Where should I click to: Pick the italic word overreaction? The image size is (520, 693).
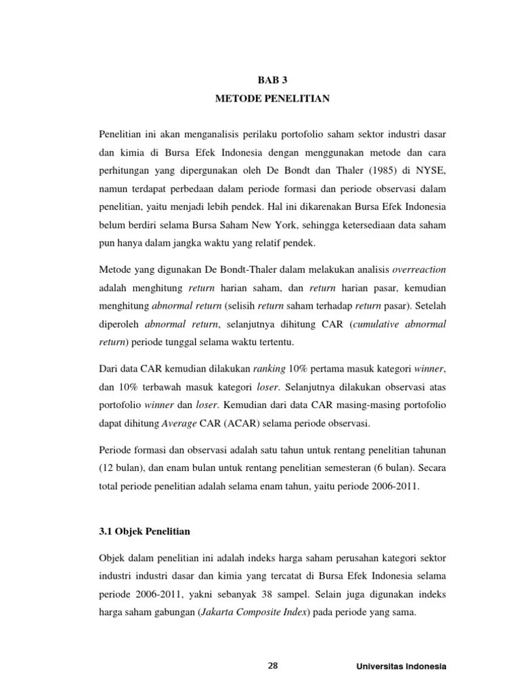click(419, 269)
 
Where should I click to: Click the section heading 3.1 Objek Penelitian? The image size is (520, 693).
click(144, 531)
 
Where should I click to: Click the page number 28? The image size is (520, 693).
click(273, 666)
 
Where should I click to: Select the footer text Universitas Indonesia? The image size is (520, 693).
click(401, 667)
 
